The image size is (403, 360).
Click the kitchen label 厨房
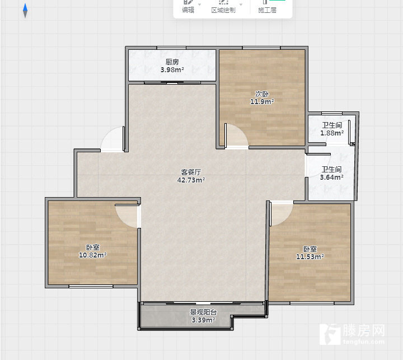point(172,62)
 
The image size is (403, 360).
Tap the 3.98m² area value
point(172,69)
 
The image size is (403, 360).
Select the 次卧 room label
point(262,93)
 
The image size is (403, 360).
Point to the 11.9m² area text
point(262,101)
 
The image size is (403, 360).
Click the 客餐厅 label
point(191,172)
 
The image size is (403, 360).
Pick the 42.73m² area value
point(191,180)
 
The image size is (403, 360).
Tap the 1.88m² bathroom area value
point(332,133)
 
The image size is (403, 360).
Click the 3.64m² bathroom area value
point(331,177)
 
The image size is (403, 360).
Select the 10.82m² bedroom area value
point(92,255)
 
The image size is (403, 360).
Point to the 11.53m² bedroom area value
point(310,256)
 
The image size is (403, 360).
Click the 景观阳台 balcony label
point(203,312)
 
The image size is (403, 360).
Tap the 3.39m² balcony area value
point(203,320)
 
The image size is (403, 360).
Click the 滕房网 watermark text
point(364,330)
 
